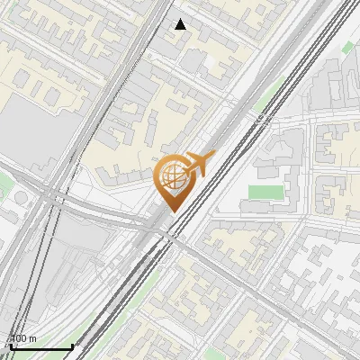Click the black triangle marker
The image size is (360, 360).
point(181,24)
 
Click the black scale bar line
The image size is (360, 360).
point(40,346)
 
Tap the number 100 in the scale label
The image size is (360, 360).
point(20,338)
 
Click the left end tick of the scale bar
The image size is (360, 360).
point(9,345)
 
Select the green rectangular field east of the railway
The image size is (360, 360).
point(263,193)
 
